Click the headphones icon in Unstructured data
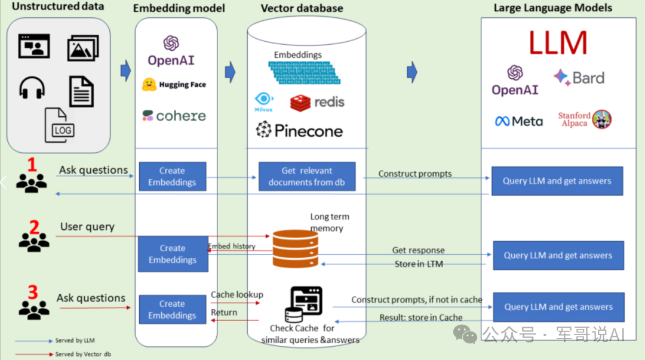pyautogui.click(x=32, y=88)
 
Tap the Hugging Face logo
pyautogui.click(x=174, y=85)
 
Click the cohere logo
pyautogui.click(x=174, y=115)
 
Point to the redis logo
pyautogui.click(x=317, y=102)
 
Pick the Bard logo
pyautogui.click(x=579, y=78)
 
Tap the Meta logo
pyautogui.click(x=518, y=121)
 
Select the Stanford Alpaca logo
pyautogui.click(x=585, y=119)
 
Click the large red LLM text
pyautogui.click(x=558, y=44)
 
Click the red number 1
pyautogui.click(x=32, y=164)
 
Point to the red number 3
pyautogui.click(x=33, y=292)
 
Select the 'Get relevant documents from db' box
pyautogui.click(x=307, y=176)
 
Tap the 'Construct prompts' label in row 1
pyautogui.click(x=415, y=174)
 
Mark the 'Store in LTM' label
pyautogui.click(x=419, y=264)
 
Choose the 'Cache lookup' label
pyautogui.click(x=237, y=294)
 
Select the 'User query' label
pyautogui.click(x=87, y=227)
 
